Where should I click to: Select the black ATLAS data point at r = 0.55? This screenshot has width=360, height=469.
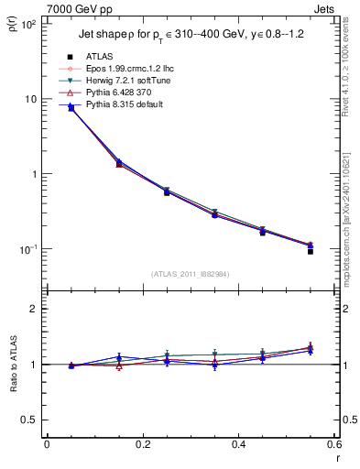(x=311, y=251)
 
